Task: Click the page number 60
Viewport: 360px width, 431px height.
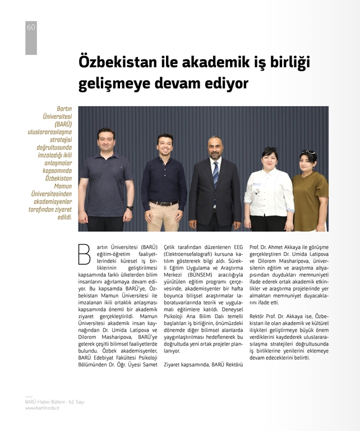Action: click(31, 27)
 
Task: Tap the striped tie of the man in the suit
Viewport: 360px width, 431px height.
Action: click(216, 174)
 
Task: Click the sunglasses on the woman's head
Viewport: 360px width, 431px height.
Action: click(307, 152)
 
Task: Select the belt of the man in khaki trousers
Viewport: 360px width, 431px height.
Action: click(164, 203)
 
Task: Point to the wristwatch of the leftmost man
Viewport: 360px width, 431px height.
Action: click(131, 208)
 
